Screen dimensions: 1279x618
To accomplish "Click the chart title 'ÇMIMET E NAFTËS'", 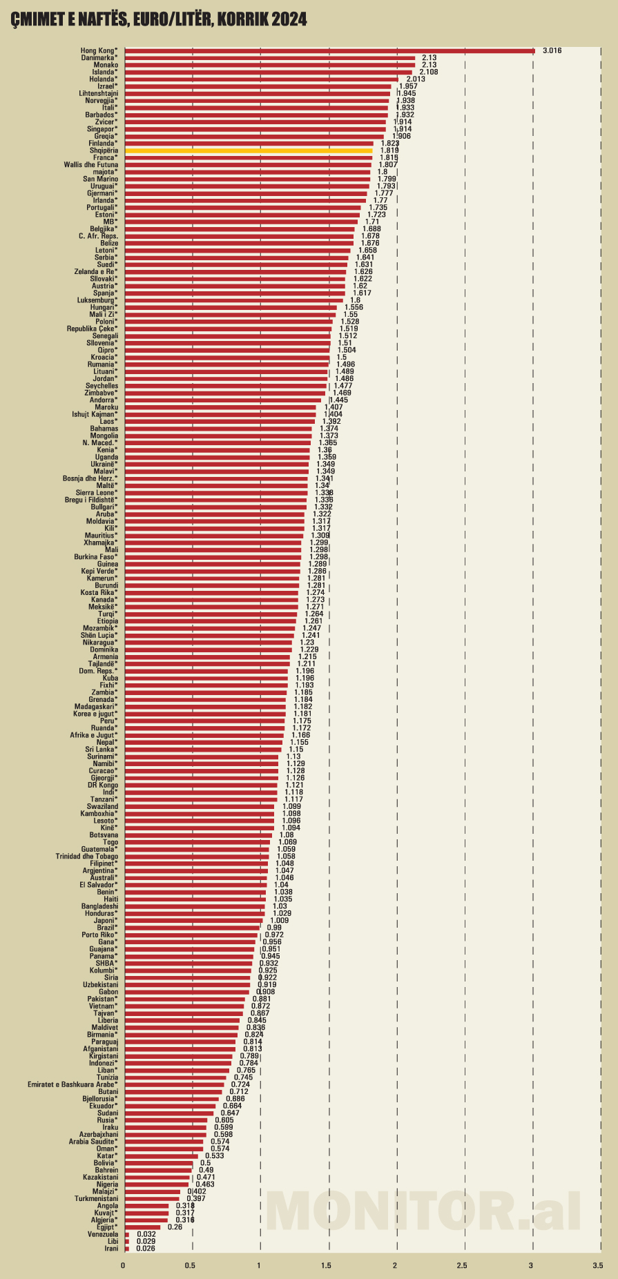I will [x=159, y=21].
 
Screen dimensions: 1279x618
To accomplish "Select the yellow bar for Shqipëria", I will [x=249, y=150].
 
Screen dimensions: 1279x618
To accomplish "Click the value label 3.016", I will [x=552, y=50].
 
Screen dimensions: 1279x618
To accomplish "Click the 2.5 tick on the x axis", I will [x=462, y=1265].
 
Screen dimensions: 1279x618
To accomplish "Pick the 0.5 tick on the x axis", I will [x=190, y=1265].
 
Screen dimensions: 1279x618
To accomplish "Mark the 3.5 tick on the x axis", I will [x=598, y=1265].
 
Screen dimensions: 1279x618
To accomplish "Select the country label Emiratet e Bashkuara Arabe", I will [x=73, y=1084].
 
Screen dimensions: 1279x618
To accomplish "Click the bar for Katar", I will [x=161, y=1155].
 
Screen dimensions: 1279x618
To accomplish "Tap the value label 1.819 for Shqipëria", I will [x=389, y=150].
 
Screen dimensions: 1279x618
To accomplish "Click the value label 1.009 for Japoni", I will [x=280, y=920].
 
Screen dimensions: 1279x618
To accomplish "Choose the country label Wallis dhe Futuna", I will [x=90, y=165].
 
